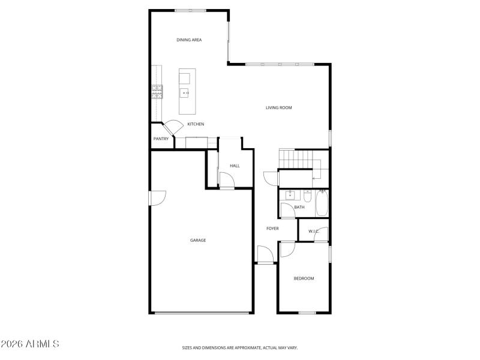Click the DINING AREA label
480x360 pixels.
[x=189, y=40]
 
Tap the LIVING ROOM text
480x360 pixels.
[x=279, y=108]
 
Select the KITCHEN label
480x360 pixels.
[x=196, y=124]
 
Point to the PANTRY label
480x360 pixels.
[x=161, y=139]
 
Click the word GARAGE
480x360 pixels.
[x=198, y=240]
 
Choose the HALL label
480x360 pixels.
[x=235, y=166]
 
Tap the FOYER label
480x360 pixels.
[x=273, y=228]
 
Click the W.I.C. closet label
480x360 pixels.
[x=313, y=231]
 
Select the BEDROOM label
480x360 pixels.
[x=304, y=278]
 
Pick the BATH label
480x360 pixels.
[x=299, y=207]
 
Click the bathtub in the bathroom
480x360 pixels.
[x=322, y=203]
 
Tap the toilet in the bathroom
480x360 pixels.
[x=307, y=196]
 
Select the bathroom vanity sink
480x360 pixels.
[x=290, y=195]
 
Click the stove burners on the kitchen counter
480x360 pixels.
[x=157, y=92]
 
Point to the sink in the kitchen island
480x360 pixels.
[x=185, y=93]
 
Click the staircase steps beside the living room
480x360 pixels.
[x=296, y=160]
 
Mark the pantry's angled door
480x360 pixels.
[x=174, y=127]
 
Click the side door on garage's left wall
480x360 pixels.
[x=157, y=198]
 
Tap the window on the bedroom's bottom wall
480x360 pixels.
[x=307, y=313]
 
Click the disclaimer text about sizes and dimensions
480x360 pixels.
[x=240, y=347]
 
